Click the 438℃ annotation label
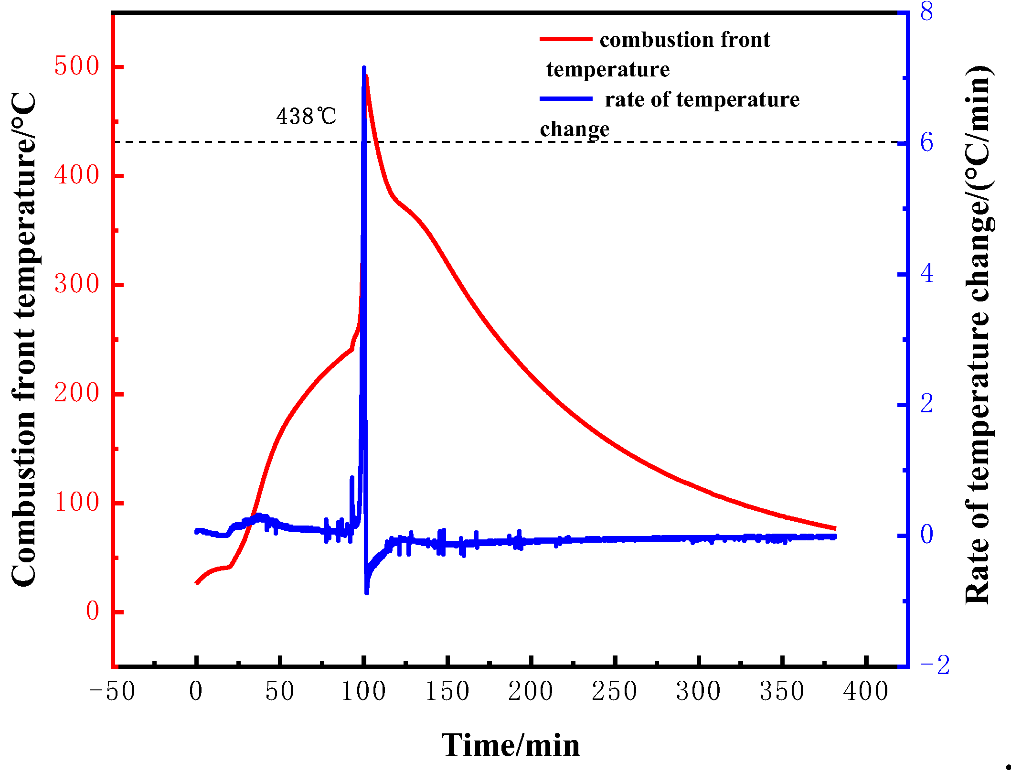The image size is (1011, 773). pos(306,116)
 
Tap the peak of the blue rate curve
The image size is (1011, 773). pos(364,68)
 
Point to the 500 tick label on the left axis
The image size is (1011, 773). pos(76,66)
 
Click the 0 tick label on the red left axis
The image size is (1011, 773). pos(92,611)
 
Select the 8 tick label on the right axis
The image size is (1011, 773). pos(926,11)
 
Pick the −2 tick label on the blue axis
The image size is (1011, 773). pos(934,665)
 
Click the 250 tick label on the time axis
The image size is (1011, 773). pos(614,691)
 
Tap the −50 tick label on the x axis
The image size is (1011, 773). pos(112,691)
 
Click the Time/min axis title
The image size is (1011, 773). pos(510,746)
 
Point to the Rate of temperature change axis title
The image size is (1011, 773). pos(979,334)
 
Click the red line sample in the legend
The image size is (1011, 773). pos(566,39)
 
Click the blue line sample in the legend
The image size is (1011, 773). pos(566,99)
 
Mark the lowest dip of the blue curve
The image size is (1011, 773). pos(367,592)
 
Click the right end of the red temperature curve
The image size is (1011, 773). pos(835,528)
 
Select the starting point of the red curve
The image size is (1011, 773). pos(196,583)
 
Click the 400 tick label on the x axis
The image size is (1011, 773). pos(865,691)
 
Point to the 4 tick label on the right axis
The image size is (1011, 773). pos(926,274)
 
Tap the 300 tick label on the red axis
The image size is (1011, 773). pos(76,284)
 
